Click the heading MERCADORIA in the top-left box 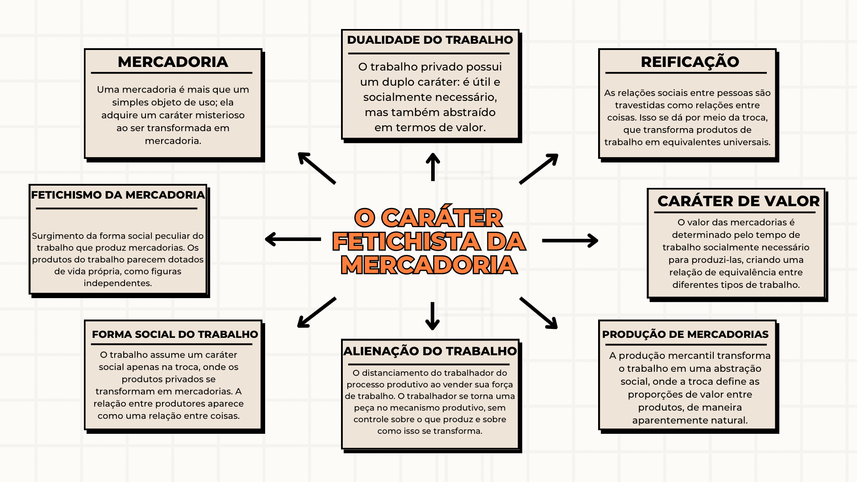173,62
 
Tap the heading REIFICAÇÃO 690,62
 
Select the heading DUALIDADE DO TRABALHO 430,40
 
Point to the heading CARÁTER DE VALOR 738,201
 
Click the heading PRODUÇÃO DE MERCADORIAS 685,335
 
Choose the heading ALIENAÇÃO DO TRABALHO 430,351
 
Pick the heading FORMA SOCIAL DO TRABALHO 175,335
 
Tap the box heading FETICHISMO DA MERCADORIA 118,195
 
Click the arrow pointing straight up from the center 433,167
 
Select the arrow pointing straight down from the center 432,316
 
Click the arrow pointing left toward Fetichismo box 293,239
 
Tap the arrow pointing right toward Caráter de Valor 570,241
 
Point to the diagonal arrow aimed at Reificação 539,169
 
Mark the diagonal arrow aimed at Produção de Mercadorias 538,313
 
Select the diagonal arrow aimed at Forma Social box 316,312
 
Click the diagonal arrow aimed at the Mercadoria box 316,168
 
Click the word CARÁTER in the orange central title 442,218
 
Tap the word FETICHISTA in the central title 406,241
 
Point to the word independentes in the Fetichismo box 118,283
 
